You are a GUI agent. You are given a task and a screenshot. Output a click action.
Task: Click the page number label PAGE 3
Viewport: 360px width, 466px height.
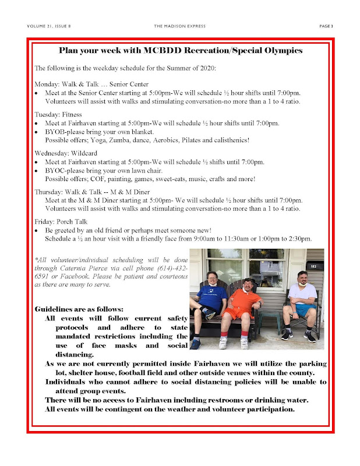(x=326, y=26)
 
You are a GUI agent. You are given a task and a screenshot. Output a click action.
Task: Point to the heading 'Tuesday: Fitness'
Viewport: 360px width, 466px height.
(x=58, y=114)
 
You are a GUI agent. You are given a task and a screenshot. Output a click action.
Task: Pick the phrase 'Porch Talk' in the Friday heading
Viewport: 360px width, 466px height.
(x=69, y=221)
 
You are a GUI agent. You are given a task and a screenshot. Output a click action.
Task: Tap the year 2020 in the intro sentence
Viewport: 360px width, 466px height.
(x=206, y=69)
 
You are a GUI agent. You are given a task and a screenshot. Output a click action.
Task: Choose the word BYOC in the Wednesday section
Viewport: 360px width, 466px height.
(x=56, y=170)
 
